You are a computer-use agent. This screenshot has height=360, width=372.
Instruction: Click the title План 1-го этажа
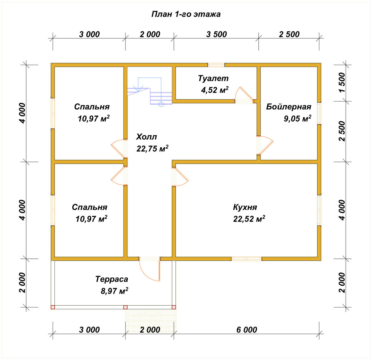pos(186,14)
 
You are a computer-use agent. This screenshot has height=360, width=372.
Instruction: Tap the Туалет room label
pos(213,79)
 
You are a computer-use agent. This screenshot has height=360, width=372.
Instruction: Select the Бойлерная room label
pos(289,107)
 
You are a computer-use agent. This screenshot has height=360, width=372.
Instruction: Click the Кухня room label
pos(245,207)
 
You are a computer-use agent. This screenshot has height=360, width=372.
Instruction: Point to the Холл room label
pos(146,137)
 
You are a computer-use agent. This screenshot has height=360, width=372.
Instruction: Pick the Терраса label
pos(112,279)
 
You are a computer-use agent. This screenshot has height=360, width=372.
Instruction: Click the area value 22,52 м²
pos(249,219)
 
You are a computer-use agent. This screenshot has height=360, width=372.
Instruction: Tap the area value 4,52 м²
pos(215,90)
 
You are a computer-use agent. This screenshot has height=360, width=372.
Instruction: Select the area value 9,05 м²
pos(297,119)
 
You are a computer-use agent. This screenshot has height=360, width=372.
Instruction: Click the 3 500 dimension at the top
pos(217,34)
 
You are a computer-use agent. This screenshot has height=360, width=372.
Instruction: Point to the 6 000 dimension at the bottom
pos(247,330)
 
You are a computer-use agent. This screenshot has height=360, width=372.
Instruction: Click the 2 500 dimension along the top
pos(289,34)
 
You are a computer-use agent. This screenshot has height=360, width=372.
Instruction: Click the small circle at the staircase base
pos(161,104)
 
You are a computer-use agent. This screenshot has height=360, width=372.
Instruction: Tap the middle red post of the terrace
pos(125,307)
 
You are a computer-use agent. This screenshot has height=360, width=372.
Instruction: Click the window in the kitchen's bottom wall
pos(246,259)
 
